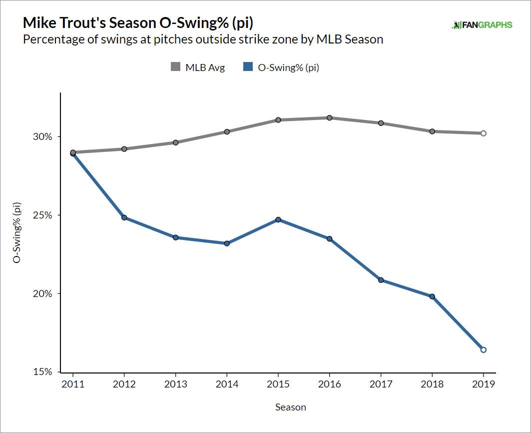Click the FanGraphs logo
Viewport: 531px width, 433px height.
482,24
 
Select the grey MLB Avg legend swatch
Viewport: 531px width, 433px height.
176,67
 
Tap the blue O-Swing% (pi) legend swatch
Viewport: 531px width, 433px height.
248,67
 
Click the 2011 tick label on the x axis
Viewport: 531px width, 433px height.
73,384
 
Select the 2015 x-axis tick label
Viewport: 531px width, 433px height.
278,384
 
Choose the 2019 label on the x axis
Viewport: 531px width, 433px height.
483,384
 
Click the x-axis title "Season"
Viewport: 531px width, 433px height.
290,407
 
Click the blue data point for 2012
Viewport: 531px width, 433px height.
124,217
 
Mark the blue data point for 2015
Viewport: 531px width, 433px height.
278,219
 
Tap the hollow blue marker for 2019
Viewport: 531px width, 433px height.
483,349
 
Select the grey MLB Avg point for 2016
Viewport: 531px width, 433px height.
330,118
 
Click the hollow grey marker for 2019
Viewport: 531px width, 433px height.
483,133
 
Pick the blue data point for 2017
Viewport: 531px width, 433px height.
381,280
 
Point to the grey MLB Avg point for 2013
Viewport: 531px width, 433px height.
176,142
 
